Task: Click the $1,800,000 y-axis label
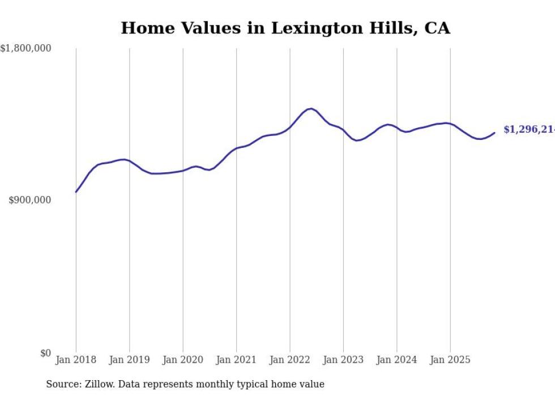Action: tap(26, 49)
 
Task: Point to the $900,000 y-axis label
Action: tap(31, 200)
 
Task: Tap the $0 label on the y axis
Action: tap(45, 353)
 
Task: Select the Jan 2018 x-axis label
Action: tap(76, 360)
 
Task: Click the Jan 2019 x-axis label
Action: tap(129, 360)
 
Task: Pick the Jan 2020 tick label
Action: tap(183, 360)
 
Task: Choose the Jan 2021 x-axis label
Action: tap(236, 360)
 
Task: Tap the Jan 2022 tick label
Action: tap(290, 360)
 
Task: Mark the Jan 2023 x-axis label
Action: tap(343, 360)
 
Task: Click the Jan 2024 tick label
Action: tap(396, 360)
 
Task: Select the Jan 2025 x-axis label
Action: tap(450, 360)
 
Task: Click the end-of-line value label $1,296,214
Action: tap(528, 130)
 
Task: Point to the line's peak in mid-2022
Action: tap(311, 108)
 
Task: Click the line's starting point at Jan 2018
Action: tap(76, 192)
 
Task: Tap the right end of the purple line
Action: tap(494, 133)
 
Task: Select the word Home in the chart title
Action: tap(142, 28)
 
